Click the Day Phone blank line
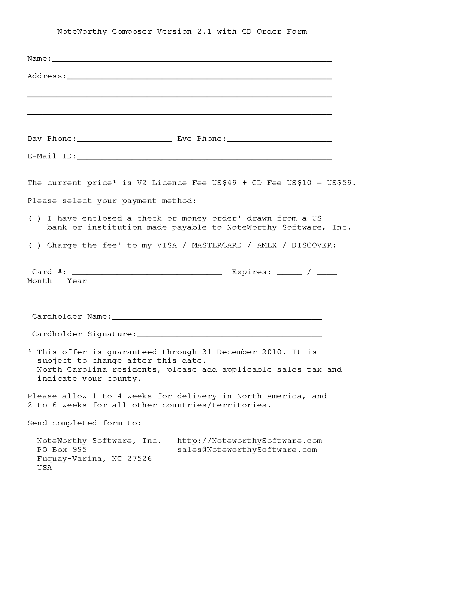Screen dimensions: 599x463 point(124,140)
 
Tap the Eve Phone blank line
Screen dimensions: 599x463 point(279,140)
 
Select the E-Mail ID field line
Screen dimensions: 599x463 point(204,158)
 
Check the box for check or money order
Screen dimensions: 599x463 point(34,219)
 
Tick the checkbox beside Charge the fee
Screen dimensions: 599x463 point(34,246)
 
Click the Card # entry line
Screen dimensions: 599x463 point(147,274)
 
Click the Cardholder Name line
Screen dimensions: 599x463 point(217,318)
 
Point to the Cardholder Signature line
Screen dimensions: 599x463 point(229,336)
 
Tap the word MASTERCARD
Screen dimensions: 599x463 point(217,246)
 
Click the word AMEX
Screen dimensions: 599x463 point(267,246)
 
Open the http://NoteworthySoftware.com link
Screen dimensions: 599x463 point(249,441)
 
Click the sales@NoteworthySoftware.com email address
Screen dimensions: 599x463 point(247,450)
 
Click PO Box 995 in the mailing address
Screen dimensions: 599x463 point(62,450)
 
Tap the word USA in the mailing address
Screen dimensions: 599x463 point(45,468)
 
